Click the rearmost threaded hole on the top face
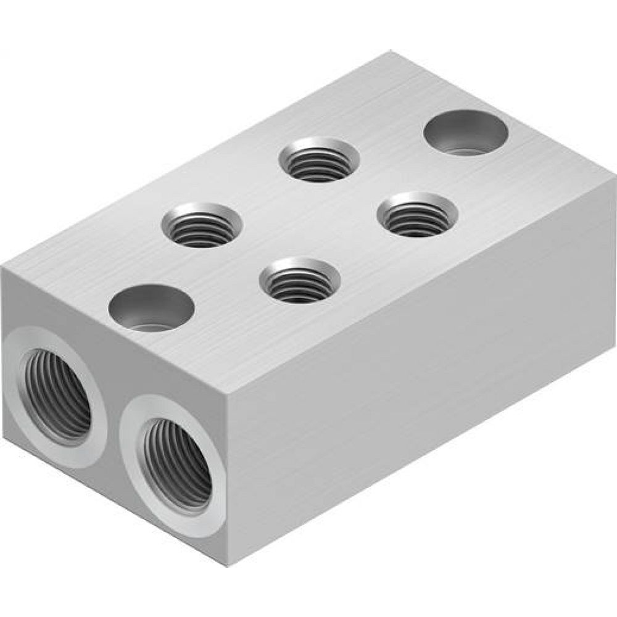point(319,159)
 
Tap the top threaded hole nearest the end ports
point(202,225)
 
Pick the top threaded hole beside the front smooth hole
point(202,225)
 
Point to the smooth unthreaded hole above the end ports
point(151,307)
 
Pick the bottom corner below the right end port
point(226,563)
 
